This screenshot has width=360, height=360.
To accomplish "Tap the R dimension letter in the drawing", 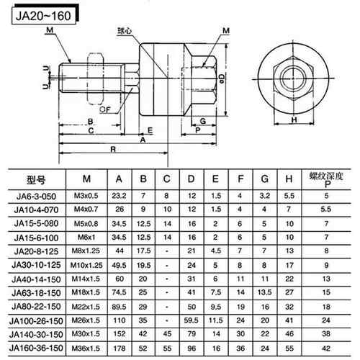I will pyautogui.click(x=114, y=148).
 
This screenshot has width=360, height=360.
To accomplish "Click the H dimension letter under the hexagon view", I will pyautogui.click(x=293, y=120).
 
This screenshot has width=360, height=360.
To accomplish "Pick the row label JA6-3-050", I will pyautogui.click(x=35, y=195).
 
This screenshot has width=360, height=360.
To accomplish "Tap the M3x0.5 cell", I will pyautogui.click(x=86, y=195).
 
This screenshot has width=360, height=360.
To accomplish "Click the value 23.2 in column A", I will pyautogui.click(x=119, y=195).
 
